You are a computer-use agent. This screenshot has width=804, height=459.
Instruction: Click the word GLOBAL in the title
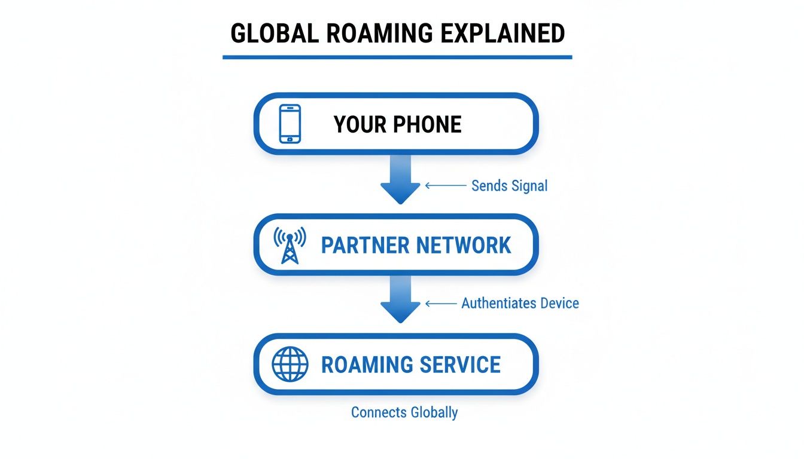coord(267,33)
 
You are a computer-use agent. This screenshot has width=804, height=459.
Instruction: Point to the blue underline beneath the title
coord(397,57)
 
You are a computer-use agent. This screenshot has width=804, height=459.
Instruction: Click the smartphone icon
coord(290,124)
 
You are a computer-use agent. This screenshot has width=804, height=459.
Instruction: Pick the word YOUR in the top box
coord(358,125)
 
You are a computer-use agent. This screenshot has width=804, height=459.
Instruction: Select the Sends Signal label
coord(509,186)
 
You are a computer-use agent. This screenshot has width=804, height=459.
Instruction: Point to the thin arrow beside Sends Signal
coord(445,186)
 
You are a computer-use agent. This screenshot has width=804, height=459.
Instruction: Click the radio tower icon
coord(290,245)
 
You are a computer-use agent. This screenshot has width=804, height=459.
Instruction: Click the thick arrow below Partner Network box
coord(400,298)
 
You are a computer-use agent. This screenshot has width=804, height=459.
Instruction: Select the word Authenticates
coord(499,303)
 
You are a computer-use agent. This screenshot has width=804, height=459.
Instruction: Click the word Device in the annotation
coord(559,303)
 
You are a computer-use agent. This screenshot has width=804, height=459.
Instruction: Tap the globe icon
coord(290,365)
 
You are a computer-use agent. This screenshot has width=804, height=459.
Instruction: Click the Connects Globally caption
coord(404,412)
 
